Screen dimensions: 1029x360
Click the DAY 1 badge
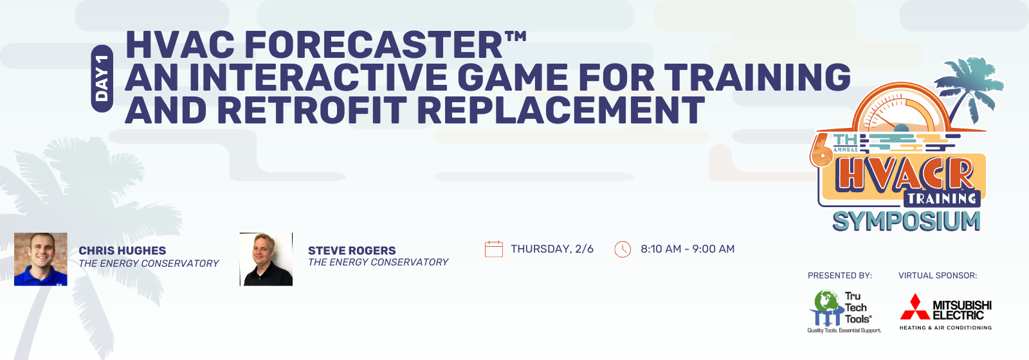102,78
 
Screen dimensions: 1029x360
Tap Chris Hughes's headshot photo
41,259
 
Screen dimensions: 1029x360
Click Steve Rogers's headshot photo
266,259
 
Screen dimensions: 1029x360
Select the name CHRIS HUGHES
122,251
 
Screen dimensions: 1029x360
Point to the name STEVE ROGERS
352,251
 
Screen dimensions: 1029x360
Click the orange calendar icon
494,249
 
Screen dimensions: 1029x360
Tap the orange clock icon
623,249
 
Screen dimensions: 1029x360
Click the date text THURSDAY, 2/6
552,249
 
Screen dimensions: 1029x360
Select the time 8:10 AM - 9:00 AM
688,249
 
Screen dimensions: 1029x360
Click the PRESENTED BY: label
840,276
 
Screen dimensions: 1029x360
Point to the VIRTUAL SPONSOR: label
938,276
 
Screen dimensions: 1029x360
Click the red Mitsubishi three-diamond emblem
915,307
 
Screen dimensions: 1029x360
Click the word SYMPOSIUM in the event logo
906,222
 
